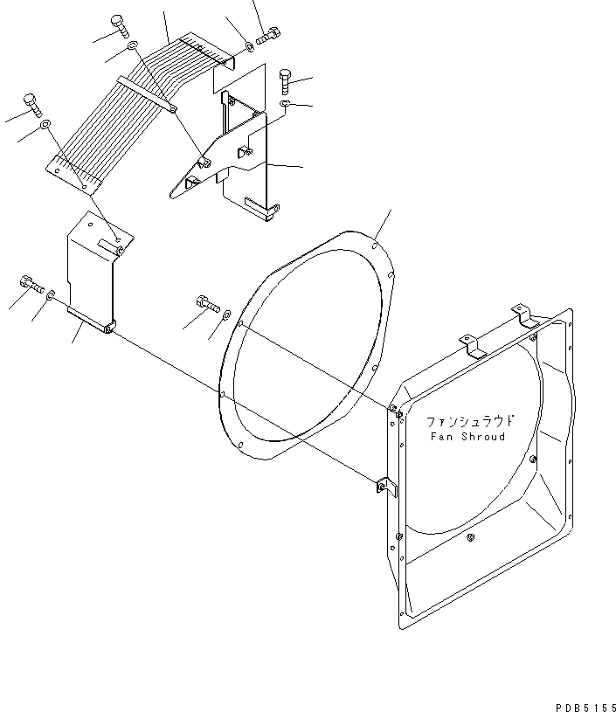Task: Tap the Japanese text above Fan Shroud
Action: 467,420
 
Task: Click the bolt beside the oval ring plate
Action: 205,304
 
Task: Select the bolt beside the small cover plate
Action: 30,282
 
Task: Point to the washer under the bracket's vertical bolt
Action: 286,104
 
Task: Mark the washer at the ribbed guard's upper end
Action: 249,45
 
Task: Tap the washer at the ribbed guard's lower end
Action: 45,125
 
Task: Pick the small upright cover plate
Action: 93,271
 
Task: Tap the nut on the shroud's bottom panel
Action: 472,536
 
